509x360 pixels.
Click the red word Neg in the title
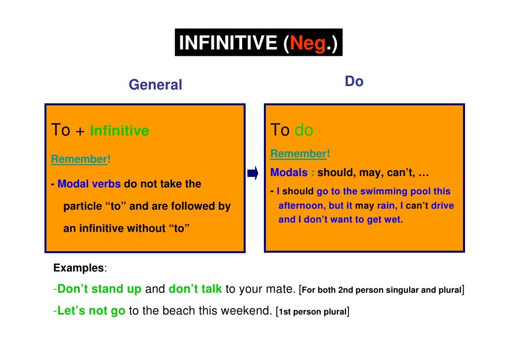click(x=308, y=44)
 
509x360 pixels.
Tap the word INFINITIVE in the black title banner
click(x=228, y=44)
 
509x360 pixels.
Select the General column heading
click(x=155, y=85)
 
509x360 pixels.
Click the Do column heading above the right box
click(x=354, y=82)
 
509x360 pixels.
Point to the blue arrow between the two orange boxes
click(x=253, y=174)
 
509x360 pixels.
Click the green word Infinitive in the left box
click(x=120, y=131)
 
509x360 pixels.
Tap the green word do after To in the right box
click(x=304, y=131)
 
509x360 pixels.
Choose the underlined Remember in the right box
click(x=298, y=154)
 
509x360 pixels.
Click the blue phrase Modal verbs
click(x=89, y=184)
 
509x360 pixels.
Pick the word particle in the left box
click(x=83, y=206)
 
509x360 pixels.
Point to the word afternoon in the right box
click(x=301, y=206)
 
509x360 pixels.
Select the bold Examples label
click(x=79, y=269)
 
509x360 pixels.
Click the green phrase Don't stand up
click(x=99, y=290)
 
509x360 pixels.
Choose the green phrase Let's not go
click(x=91, y=312)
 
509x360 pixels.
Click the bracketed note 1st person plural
click(x=313, y=312)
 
